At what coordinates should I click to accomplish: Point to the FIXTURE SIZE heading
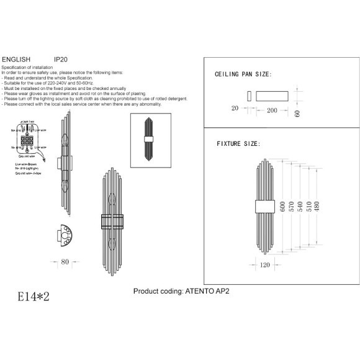coord(238,143)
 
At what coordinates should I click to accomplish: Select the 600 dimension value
coord(282,207)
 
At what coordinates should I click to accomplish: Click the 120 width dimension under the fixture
coord(264,264)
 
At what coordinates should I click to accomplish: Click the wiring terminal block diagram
coord(27,140)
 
